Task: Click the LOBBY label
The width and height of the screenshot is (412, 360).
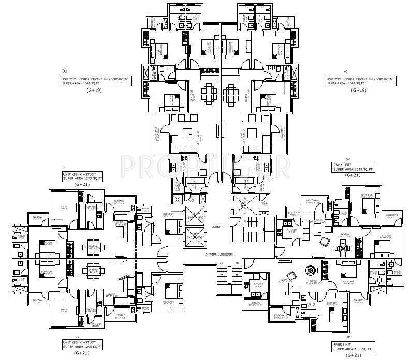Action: coord(217,227)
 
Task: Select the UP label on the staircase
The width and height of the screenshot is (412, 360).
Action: coord(221,264)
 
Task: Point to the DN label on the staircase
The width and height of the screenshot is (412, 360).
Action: coord(237,264)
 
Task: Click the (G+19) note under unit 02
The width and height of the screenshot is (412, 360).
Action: coord(359,90)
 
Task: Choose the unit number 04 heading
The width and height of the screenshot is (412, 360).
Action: coord(335,337)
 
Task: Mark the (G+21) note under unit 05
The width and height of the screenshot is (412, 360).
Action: coord(82,353)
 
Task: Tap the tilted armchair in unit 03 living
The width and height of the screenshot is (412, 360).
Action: coord(325,242)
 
